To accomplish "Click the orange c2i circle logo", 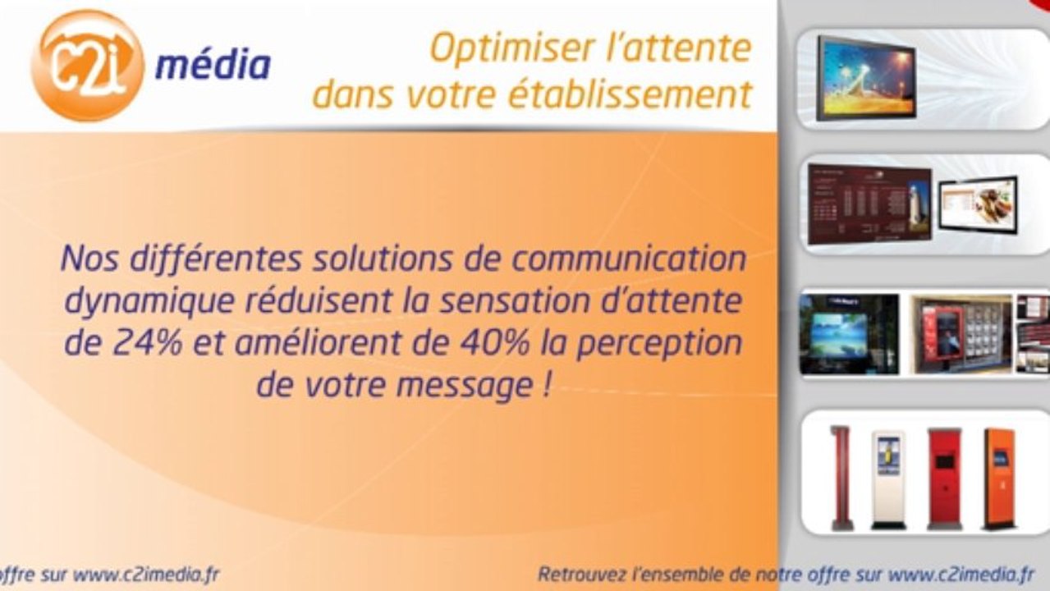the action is coord(88,66).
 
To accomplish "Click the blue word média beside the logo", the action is coord(213,65).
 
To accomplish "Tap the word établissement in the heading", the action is coord(631,95).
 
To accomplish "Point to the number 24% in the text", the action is coord(147,342).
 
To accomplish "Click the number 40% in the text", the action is coord(494,342).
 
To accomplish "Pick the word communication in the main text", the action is coord(629,259).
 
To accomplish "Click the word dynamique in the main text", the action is coord(149,302).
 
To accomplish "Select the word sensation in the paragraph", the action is coord(515,301).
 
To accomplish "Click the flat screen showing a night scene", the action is coord(866,79).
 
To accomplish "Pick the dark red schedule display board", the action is coord(869,204).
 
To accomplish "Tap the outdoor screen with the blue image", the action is coord(850,334).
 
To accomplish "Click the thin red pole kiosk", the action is coord(841,478).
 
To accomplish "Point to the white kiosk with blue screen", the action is coord(888,480).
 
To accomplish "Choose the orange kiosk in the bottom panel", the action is coord(1000,479).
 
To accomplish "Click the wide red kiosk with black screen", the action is coord(945,479).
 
